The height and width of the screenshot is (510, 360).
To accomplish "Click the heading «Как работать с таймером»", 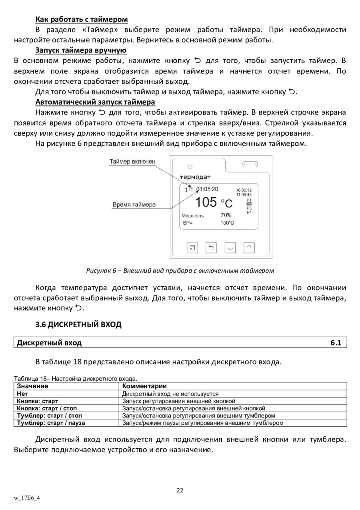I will [x=82, y=19].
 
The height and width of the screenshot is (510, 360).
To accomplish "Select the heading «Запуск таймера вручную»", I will [x=81, y=50].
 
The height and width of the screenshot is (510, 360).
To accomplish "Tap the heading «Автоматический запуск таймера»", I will [x=95, y=102].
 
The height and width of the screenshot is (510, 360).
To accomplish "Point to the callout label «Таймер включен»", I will [x=132, y=161].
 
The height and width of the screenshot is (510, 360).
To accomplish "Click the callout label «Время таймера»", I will [x=134, y=205].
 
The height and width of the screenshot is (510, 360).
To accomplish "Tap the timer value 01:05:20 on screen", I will [x=207, y=189].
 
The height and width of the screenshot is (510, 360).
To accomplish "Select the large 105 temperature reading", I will [x=206, y=203].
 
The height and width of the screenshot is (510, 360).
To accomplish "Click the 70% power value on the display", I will [x=226, y=215].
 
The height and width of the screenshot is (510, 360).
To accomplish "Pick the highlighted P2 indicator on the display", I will [x=249, y=204].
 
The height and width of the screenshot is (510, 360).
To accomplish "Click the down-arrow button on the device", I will [x=230, y=248].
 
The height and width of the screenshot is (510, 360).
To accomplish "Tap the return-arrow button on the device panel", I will [x=211, y=248].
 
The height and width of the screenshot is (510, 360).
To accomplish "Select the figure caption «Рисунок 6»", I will [x=180, y=271].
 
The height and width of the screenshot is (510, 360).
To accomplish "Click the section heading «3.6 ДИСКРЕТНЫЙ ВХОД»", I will [x=78, y=324].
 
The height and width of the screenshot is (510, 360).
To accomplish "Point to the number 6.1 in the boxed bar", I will [x=336, y=343].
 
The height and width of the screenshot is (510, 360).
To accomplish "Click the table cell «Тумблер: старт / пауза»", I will [x=51, y=422].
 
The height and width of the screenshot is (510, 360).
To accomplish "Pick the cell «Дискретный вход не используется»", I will [x=170, y=394].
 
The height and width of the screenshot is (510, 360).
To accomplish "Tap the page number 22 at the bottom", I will [x=180, y=490].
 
